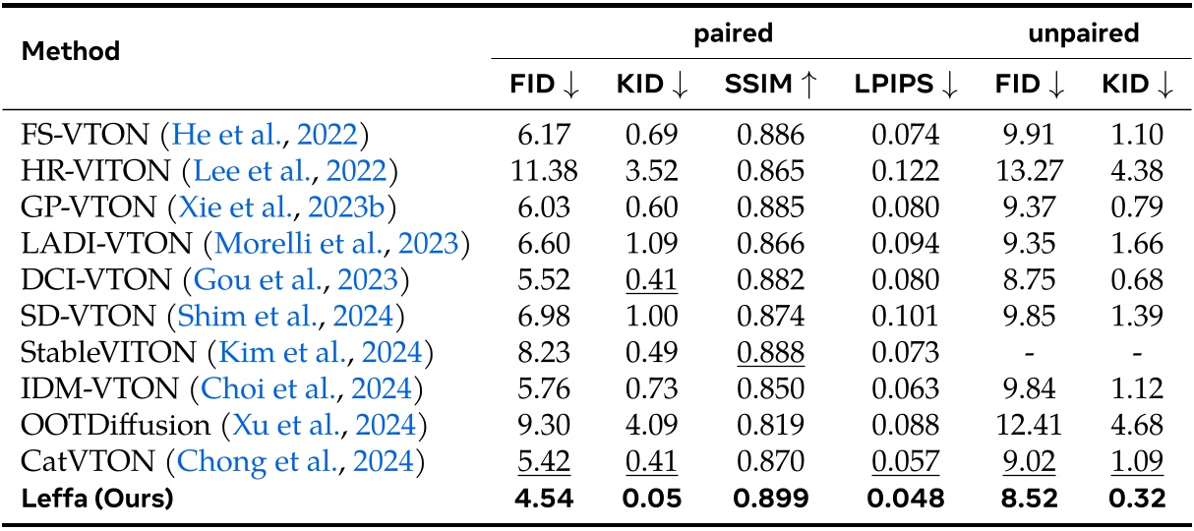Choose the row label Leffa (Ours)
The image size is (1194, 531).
(96, 499)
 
